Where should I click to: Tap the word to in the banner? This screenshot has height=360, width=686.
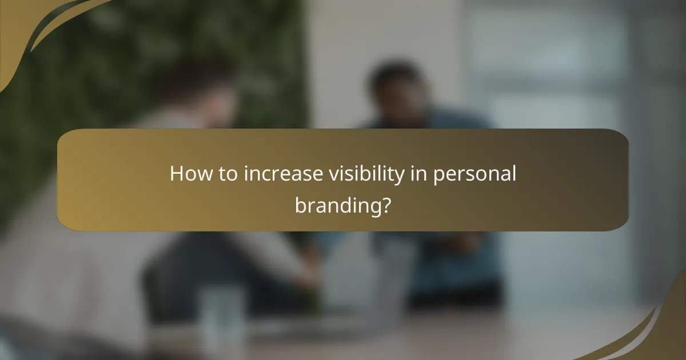[x=228, y=174]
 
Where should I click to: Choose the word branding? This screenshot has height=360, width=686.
[x=337, y=205]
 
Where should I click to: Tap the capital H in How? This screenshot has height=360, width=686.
[x=176, y=174]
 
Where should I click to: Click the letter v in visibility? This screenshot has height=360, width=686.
[x=331, y=174]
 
